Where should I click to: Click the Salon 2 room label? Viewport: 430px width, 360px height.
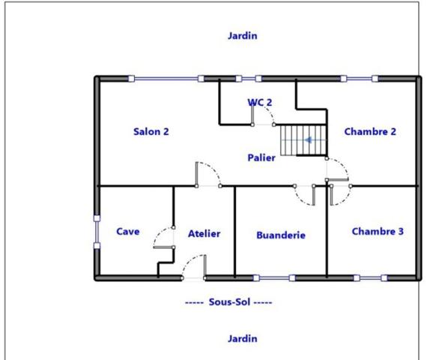tap(151, 131)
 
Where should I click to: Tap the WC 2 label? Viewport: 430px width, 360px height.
tap(259, 102)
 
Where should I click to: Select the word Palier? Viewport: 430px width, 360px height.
tap(261, 157)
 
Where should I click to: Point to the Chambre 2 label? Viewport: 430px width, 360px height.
tap(370, 131)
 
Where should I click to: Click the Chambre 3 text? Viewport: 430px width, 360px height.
tap(378, 231)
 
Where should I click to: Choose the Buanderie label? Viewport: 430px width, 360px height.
tap(281, 235)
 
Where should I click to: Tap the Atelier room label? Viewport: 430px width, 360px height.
tap(204, 233)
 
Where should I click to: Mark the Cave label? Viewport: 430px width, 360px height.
tap(127, 231)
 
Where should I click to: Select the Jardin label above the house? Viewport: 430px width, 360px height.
tap(243, 35)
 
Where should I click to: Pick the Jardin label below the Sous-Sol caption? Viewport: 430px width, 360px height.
tap(243, 338)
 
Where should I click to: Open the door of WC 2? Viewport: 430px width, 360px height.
tap(263, 115)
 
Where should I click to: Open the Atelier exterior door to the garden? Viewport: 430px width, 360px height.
tap(194, 267)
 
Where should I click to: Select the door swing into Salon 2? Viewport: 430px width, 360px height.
tap(207, 174)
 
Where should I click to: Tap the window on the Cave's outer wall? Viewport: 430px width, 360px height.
tap(97, 232)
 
